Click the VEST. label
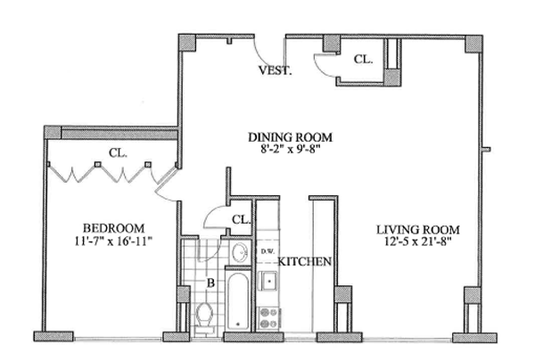point(275,70)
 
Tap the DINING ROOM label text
point(290,137)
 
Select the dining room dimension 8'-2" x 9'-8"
point(290,150)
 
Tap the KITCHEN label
point(306,262)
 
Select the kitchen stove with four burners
point(267,316)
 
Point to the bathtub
point(238,303)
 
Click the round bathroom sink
point(238,255)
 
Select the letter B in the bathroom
point(210,285)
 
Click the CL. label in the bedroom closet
point(118,152)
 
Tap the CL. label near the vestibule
point(364,60)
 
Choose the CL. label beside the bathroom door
point(240,219)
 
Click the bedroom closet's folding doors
point(98,171)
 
